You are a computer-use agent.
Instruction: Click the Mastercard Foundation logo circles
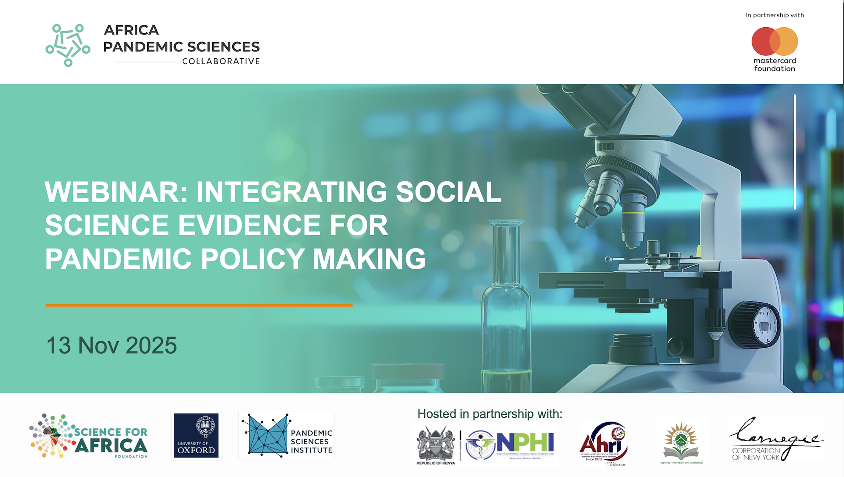pos(775,41)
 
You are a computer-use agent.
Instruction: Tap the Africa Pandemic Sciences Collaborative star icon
pos(68,45)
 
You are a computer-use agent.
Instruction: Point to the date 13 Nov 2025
pos(111,345)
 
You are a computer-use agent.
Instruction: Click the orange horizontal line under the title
pos(199,306)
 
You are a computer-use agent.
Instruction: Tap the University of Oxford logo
pos(197,435)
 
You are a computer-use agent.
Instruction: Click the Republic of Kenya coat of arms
pos(436,445)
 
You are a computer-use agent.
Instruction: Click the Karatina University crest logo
pos(681,443)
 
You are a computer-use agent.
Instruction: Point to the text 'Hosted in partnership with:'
pos(490,414)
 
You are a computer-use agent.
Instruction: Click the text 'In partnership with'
pos(775,15)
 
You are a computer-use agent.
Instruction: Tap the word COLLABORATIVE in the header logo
pos(221,61)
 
